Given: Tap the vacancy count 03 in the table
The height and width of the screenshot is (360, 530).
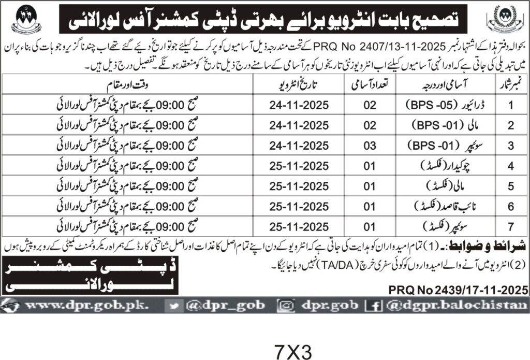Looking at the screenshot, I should coord(369,147).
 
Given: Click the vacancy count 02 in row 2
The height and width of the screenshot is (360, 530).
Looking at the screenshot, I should coord(369,126).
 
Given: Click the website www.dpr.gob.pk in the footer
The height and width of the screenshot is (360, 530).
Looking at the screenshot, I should coord(86,306).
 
